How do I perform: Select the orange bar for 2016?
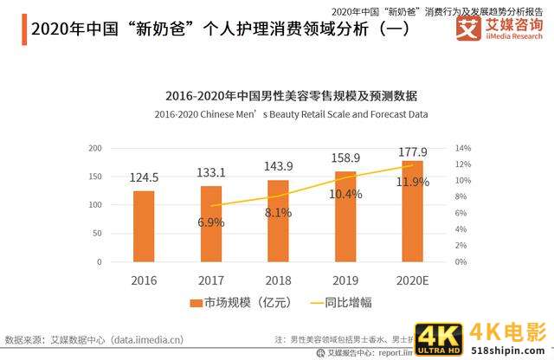pos(144,226)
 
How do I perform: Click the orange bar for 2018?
pos(278,221)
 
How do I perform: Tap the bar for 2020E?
pos(413,210)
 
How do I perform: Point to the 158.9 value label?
pos(345,158)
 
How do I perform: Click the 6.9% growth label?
pos(211,222)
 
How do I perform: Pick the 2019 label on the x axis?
pos(345,280)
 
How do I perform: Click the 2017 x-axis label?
pos(210,280)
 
